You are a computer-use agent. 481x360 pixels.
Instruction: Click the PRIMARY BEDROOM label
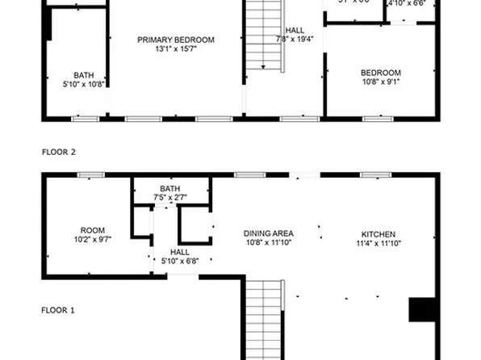[x=175, y=40]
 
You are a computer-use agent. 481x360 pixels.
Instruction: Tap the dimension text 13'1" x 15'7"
[x=175, y=49]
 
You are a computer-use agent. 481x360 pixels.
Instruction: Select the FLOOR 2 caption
[x=58, y=152]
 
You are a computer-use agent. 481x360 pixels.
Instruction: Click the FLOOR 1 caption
[x=58, y=309]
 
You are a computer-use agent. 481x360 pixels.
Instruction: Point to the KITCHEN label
[x=377, y=234]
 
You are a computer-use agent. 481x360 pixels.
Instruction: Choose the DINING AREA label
[x=268, y=234]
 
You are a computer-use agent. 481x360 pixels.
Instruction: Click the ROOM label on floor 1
[x=93, y=230]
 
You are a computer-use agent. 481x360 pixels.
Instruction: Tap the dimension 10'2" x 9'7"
[x=93, y=240]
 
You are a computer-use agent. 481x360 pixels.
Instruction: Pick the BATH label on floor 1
[x=169, y=189]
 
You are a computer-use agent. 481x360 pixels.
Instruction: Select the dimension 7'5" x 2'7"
[x=169, y=198]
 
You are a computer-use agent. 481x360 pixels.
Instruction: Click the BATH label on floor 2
[x=83, y=74]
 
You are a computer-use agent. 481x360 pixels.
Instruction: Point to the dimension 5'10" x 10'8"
[x=83, y=83]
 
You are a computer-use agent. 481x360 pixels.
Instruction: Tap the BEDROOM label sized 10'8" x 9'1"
[x=380, y=73]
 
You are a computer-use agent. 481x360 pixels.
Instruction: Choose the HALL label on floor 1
[x=179, y=252]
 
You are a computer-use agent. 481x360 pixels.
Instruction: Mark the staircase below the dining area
[x=265, y=319]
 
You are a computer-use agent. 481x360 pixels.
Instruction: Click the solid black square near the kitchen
[x=422, y=311]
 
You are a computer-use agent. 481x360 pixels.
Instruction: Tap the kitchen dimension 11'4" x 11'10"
[x=377, y=244]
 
